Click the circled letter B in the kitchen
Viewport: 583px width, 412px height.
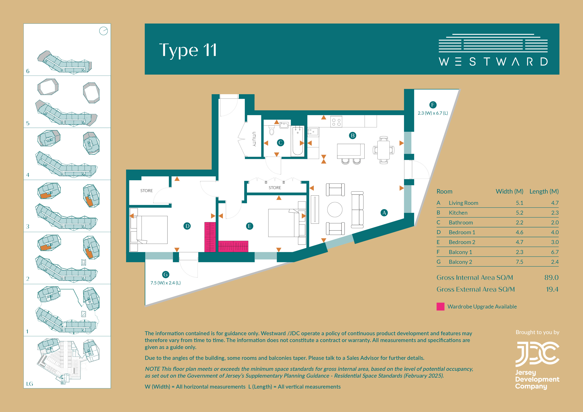[x=352, y=136]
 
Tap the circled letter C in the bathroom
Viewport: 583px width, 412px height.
[x=280, y=143]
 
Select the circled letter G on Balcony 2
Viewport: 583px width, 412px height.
[x=166, y=274]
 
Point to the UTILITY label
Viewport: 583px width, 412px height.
[x=254, y=139]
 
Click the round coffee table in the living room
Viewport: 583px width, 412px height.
[x=335, y=210]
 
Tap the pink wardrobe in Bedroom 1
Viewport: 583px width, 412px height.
[x=210, y=237]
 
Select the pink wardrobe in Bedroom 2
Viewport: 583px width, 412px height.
[x=233, y=246]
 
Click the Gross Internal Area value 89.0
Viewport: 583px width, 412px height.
[x=551, y=277]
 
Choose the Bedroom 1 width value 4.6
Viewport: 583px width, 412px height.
[x=519, y=232]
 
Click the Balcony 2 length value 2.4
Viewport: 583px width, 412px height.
[x=555, y=262]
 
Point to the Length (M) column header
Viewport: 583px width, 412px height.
[x=544, y=191]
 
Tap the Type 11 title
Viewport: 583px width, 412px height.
[x=188, y=50]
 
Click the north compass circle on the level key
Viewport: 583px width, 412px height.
[x=103, y=31]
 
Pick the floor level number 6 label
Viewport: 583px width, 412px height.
[x=28, y=71]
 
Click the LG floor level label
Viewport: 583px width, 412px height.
[x=29, y=384]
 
